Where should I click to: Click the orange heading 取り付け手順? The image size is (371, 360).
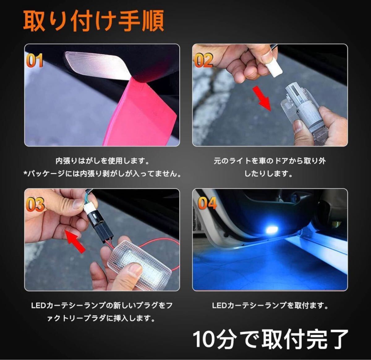(x=93, y=21)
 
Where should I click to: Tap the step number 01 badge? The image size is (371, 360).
(x=34, y=61)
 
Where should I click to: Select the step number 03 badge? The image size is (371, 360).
(x=35, y=205)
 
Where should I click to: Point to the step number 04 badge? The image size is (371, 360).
(x=207, y=203)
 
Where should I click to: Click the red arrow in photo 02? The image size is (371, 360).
(x=261, y=98)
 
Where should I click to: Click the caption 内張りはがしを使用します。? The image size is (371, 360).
(x=102, y=161)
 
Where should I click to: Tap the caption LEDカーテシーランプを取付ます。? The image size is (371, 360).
(x=270, y=306)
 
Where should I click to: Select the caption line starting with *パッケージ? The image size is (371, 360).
(x=102, y=174)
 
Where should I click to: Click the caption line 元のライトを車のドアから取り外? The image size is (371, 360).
(x=270, y=161)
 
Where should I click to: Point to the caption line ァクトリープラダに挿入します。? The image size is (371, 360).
(x=101, y=318)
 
